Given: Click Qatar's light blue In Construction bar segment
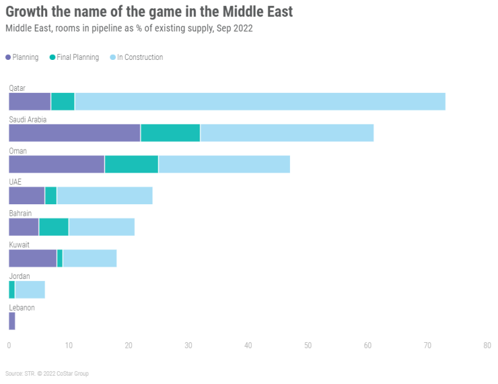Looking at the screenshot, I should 260,101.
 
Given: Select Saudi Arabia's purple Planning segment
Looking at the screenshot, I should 75,133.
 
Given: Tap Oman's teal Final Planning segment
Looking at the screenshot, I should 131,164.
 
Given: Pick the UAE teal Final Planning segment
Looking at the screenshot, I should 51,195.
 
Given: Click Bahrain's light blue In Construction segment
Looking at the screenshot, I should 102,227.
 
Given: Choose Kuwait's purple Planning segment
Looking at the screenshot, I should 33,258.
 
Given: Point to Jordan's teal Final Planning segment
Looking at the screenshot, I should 12,290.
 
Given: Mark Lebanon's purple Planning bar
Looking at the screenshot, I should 12,321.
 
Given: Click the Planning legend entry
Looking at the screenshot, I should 22,57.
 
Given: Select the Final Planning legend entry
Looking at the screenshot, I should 73,57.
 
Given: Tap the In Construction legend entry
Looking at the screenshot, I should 136,57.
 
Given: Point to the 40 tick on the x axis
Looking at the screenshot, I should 248,346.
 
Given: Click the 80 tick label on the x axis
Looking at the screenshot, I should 487,346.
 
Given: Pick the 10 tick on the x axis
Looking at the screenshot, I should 68,346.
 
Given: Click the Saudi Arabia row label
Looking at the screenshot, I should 28,119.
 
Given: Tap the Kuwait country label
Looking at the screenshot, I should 19,245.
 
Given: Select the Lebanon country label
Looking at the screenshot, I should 22,307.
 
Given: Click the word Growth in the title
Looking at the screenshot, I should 32,12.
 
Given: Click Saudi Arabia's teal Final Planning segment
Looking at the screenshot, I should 170,133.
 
